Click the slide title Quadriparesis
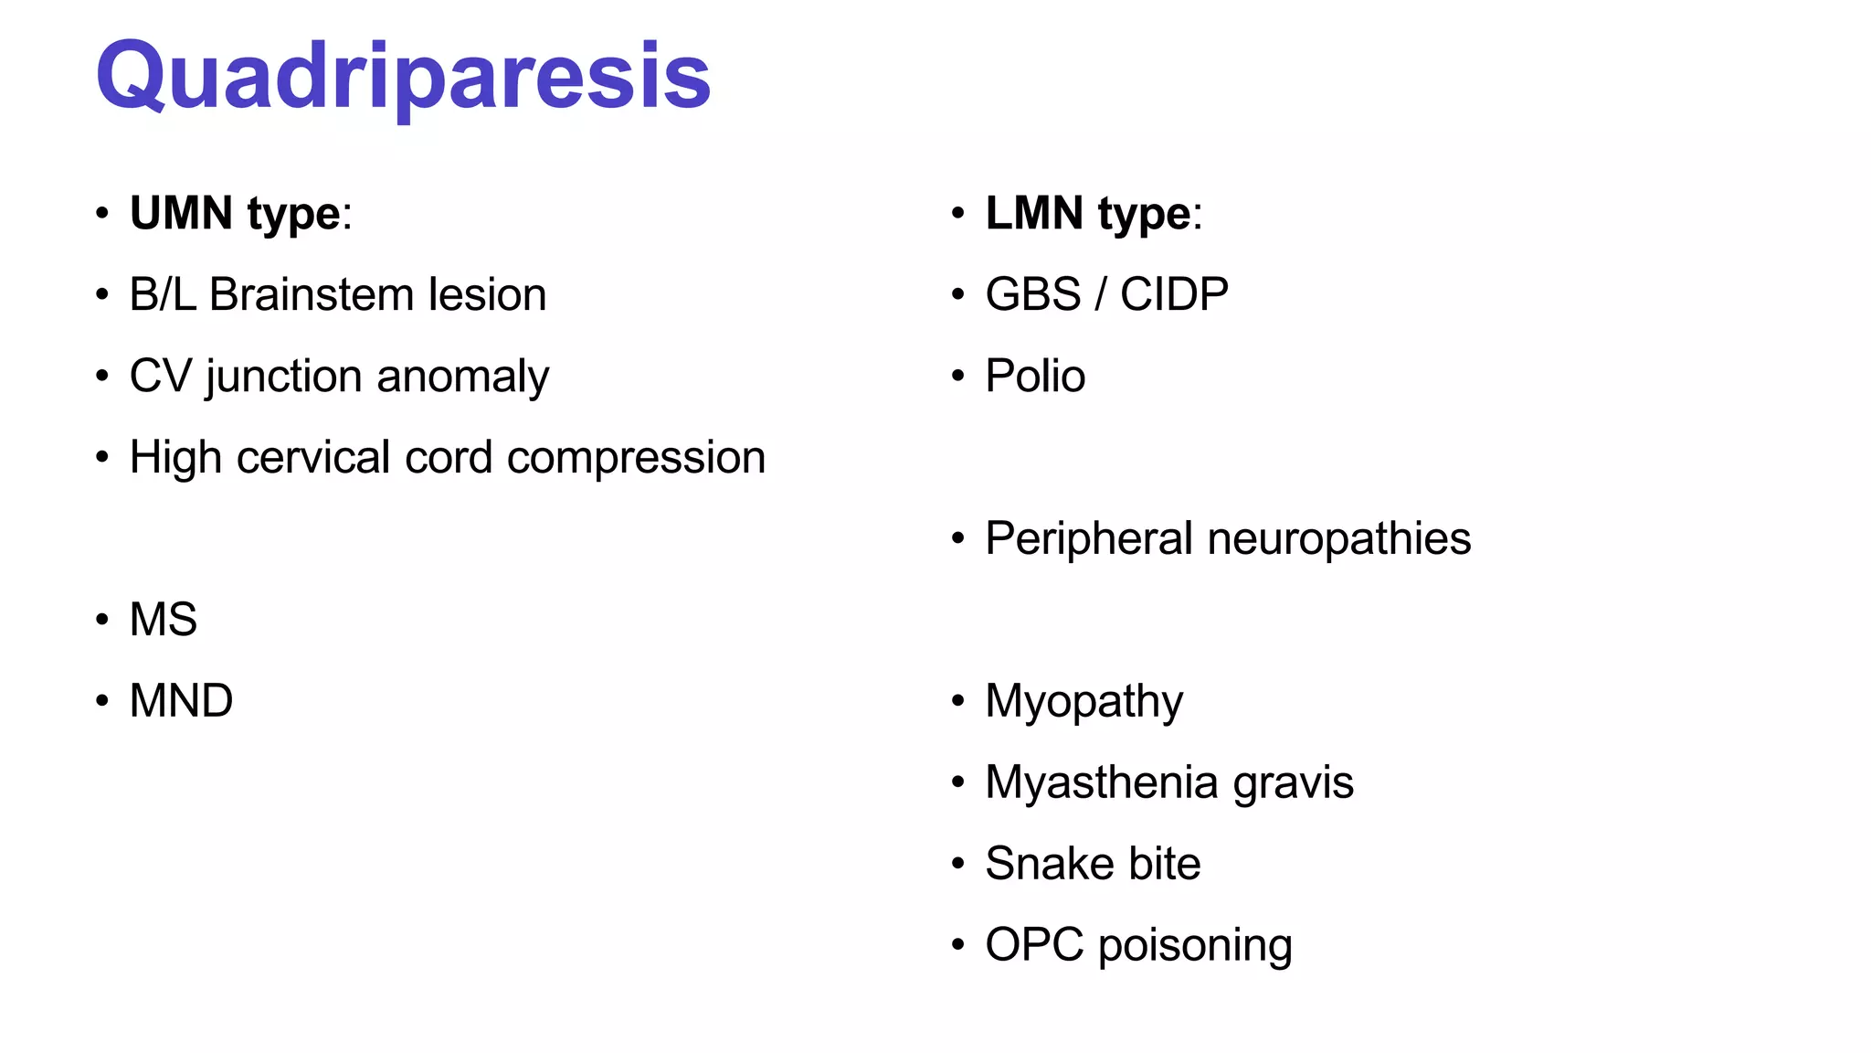(403, 77)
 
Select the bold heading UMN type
(235, 214)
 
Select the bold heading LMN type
(1088, 214)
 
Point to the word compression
(636, 457)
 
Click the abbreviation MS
(164, 620)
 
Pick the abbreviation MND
(181, 701)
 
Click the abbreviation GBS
(1033, 295)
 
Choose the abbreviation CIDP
(1174, 295)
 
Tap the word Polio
(1035, 377)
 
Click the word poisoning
(1195, 946)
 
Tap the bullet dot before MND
(102, 702)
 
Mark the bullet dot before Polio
(957, 377)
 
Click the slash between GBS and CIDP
(1101, 295)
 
